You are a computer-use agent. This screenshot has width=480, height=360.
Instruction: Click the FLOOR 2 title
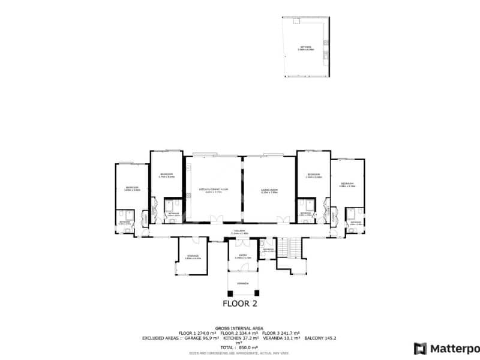239,303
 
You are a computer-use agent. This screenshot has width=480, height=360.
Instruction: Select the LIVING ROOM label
269,191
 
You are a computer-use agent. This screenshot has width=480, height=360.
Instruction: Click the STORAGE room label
193,257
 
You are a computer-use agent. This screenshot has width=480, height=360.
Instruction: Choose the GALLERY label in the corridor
240,231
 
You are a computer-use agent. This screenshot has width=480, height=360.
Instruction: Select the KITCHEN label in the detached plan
306,48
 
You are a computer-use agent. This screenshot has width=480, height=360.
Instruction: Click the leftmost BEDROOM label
133,188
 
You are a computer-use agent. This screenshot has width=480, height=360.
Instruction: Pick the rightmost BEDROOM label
347,184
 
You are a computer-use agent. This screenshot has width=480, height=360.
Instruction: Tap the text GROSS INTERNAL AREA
239,328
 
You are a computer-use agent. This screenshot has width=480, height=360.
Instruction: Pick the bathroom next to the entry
267,248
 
